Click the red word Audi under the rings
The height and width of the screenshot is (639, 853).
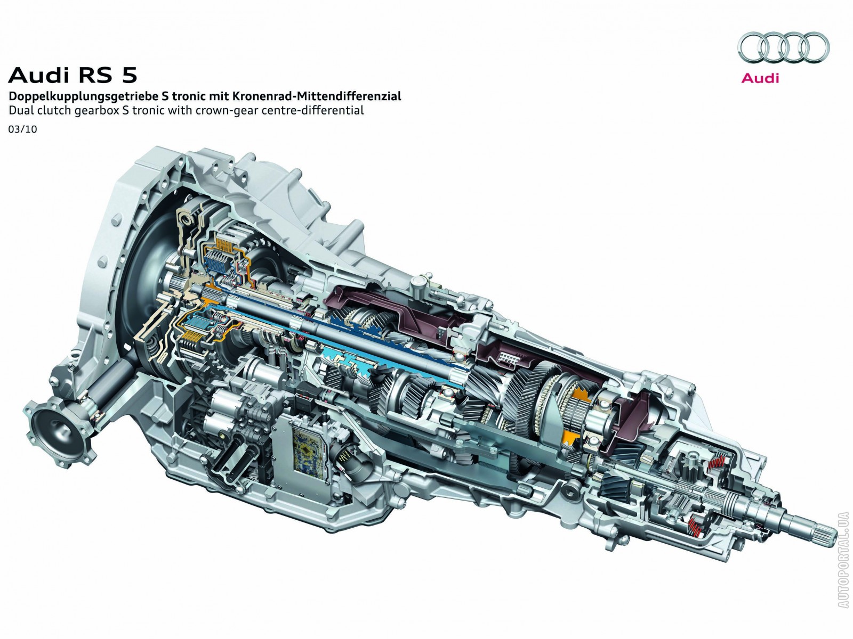click(760, 78)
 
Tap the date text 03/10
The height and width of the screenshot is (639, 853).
click(23, 129)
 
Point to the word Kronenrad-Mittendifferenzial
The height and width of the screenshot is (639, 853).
click(317, 96)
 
